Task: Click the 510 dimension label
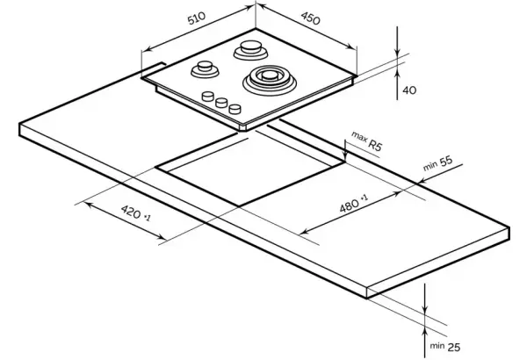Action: click(197, 18)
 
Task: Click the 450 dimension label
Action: click(310, 18)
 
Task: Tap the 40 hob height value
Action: click(409, 90)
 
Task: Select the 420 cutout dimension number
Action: click(131, 212)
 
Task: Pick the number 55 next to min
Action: click(446, 161)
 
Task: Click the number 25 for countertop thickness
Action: click(454, 347)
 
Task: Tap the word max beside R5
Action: click(359, 136)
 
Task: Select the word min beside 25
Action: click(437, 346)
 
